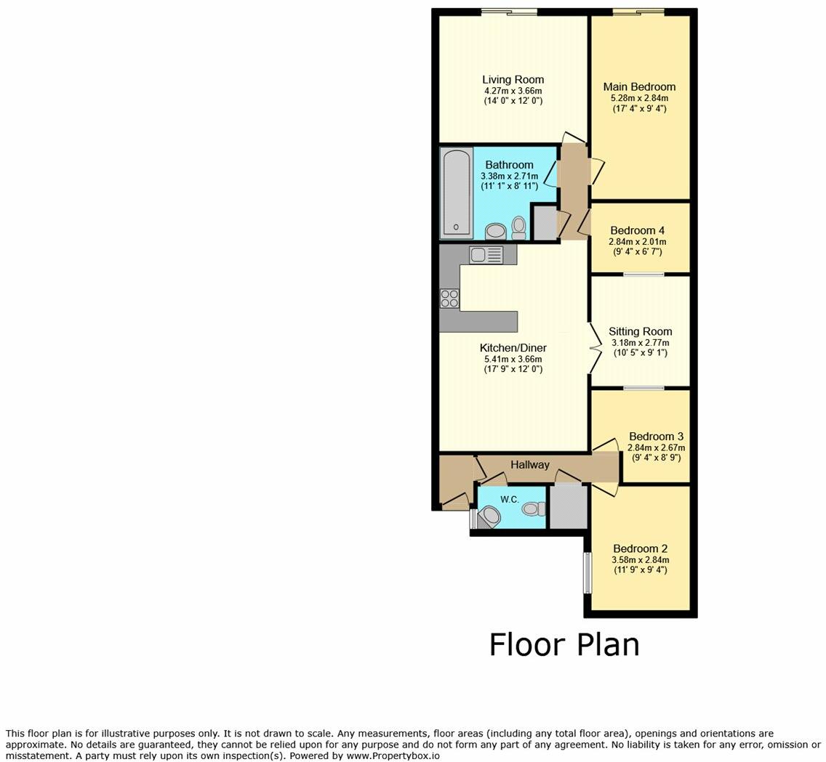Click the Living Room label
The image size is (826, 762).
pyautogui.click(x=513, y=79)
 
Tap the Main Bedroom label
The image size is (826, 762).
pyautogui.click(x=639, y=87)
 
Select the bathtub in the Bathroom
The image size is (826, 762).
pyautogui.click(x=456, y=193)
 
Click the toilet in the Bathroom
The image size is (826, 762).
pyautogui.click(x=519, y=228)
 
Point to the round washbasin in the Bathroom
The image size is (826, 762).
pyautogui.click(x=495, y=230)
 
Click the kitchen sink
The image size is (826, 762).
pyautogui.click(x=118, y=255)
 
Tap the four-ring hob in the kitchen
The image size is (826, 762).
pyautogui.click(x=449, y=299)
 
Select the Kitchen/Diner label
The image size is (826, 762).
pyautogui.click(x=513, y=348)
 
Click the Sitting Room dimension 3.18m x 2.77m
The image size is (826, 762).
pyautogui.click(x=640, y=343)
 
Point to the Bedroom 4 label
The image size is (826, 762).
pyautogui.click(x=637, y=230)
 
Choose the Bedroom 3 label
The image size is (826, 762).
pyautogui.click(x=656, y=437)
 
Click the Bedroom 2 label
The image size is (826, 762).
pyautogui.click(x=640, y=549)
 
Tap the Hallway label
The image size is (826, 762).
pyautogui.click(x=529, y=465)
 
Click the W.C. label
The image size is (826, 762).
pyautogui.click(x=510, y=500)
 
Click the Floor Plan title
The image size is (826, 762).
pyautogui.click(x=564, y=644)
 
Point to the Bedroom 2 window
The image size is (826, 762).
pyautogui.click(x=586, y=573)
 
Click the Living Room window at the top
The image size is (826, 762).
pyautogui.click(x=508, y=12)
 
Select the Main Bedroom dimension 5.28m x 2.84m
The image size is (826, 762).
pyautogui.click(x=640, y=98)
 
